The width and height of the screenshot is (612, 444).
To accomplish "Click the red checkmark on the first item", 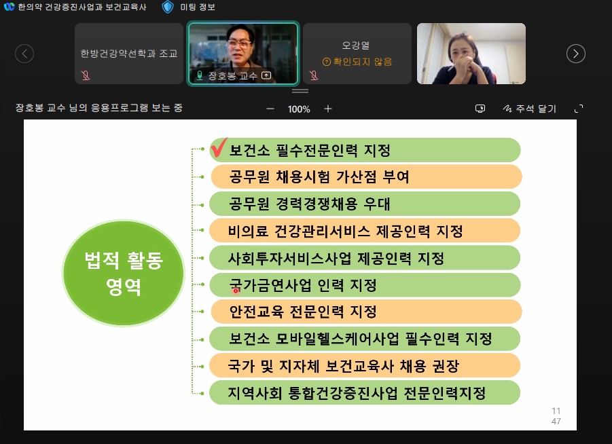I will point(218,148).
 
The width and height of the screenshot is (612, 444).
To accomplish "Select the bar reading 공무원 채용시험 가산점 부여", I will point(365,177).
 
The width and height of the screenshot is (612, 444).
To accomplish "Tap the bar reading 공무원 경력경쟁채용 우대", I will point(365,204).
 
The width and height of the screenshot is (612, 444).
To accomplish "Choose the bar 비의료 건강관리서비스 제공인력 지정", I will point(365,231).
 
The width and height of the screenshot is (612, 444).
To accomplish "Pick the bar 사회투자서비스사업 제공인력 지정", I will point(365,258).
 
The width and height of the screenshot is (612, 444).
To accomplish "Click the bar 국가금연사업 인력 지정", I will point(365,285).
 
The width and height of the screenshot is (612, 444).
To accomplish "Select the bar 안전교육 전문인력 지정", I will point(365,312).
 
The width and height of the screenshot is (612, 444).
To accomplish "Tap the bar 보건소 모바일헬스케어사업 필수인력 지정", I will point(365,339).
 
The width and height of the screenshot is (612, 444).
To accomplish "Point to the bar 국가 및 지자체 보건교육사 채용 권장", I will point(365,366).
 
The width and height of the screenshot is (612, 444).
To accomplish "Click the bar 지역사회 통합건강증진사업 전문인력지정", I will point(365,393).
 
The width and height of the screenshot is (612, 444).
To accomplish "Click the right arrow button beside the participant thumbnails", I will point(576,54).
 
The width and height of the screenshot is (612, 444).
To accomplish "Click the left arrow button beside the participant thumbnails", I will point(24,54).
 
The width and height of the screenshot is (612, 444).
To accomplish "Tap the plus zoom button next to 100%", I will point(328,109).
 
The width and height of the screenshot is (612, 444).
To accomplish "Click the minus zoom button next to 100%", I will point(270,109).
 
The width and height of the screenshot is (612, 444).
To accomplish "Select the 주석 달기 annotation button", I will point(529,109).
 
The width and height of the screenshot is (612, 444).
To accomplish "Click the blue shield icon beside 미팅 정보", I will point(168,7).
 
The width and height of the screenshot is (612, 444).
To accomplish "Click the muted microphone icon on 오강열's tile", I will point(314,75).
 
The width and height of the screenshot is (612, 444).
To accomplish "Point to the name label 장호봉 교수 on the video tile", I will point(232,76).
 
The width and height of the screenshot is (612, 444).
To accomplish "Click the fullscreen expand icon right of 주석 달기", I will point(579,109).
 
